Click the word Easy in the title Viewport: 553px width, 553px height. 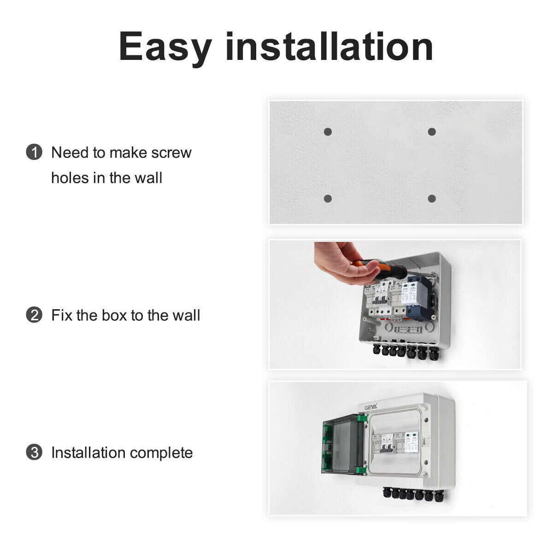click(165, 47)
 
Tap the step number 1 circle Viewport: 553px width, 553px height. click(34, 153)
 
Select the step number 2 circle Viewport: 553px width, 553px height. click(34, 316)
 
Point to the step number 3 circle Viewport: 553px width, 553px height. click(34, 453)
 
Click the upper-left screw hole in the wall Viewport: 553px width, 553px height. click(328, 132)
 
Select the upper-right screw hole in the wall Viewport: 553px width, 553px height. click(432, 132)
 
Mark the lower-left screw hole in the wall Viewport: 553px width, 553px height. click(328, 199)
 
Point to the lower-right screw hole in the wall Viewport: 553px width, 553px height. click(432, 199)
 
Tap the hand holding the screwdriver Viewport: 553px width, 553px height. click(339, 264)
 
